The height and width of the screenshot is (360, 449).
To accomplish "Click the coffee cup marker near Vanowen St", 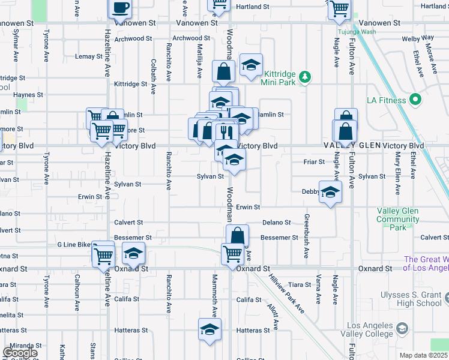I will pyautogui.click(x=120, y=8).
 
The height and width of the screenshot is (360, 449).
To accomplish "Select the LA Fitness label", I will pyautogui.click(x=385, y=100).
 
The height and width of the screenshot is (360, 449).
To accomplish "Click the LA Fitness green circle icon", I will pyautogui.click(x=414, y=100).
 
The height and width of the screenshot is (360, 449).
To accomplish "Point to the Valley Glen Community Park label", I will pyautogui.click(x=398, y=219).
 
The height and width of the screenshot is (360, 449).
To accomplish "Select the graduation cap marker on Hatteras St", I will pyautogui.click(x=209, y=329).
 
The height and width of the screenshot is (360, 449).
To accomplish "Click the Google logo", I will pyautogui.click(x=20, y=353).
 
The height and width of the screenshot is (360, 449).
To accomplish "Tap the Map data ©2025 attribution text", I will pyautogui.click(x=423, y=355).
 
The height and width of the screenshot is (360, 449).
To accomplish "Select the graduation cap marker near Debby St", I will pyautogui.click(x=330, y=193).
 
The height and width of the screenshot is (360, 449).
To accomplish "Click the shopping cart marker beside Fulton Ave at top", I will pyautogui.click(x=339, y=8).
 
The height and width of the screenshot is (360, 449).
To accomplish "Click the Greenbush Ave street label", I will pyautogui.click(x=306, y=236).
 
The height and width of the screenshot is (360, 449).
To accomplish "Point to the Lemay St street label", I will pyautogui.click(x=89, y=56).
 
